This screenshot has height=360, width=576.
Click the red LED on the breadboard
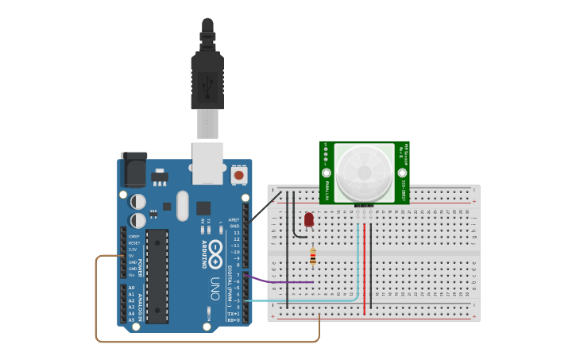point(309,219)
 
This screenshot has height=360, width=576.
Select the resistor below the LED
point(312,256)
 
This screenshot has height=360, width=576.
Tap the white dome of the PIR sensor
point(365,172)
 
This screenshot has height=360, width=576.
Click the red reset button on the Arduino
point(238,174)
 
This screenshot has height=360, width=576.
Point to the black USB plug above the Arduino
point(207,79)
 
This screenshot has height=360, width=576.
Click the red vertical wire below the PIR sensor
point(365,270)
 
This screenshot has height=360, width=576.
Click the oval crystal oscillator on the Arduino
point(183,205)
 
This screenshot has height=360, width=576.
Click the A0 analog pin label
point(131,288)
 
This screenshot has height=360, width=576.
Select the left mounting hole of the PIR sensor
point(326,172)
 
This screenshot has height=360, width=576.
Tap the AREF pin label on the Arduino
point(234,219)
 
